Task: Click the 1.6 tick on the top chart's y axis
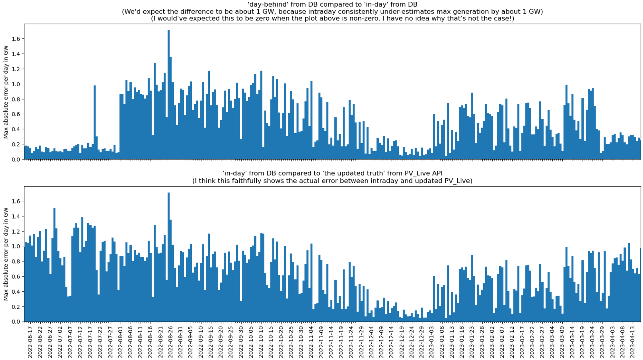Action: pyautogui.click(x=16, y=39)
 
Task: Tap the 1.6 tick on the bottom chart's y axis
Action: pyautogui.click(x=16, y=201)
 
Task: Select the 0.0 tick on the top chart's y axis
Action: pyautogui.click(x=16, y=159)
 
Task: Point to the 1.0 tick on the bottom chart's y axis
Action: pyautogui.click(x=16, y=246)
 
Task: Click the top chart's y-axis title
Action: pyautogui.click(x=6, y=92)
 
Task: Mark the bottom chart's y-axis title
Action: pyautogui.click(x=6, y=254)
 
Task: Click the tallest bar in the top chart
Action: pyautogui.click(x=169, y=94)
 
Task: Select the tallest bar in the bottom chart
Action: pyautogui.click(x=169, y=257)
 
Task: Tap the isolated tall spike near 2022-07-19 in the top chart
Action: pyautogui.click(x=95, y=122)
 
